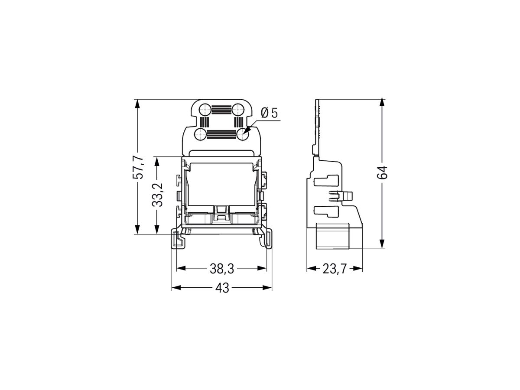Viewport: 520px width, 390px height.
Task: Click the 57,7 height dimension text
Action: click(138, 167)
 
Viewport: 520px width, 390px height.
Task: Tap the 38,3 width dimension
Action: click(222, 269)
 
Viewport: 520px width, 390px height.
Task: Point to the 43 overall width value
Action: click(222, 288)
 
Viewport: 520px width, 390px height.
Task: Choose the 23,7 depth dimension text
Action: click(334, 269)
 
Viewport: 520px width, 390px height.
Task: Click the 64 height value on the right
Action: click(382, 173)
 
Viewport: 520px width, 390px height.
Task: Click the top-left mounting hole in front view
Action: click(205, 110)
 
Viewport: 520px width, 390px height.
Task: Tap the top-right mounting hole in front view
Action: click(237, 110)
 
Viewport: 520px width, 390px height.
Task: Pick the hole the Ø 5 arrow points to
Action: click(243, 135)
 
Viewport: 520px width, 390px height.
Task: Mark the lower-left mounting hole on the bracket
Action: click(200, 135)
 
